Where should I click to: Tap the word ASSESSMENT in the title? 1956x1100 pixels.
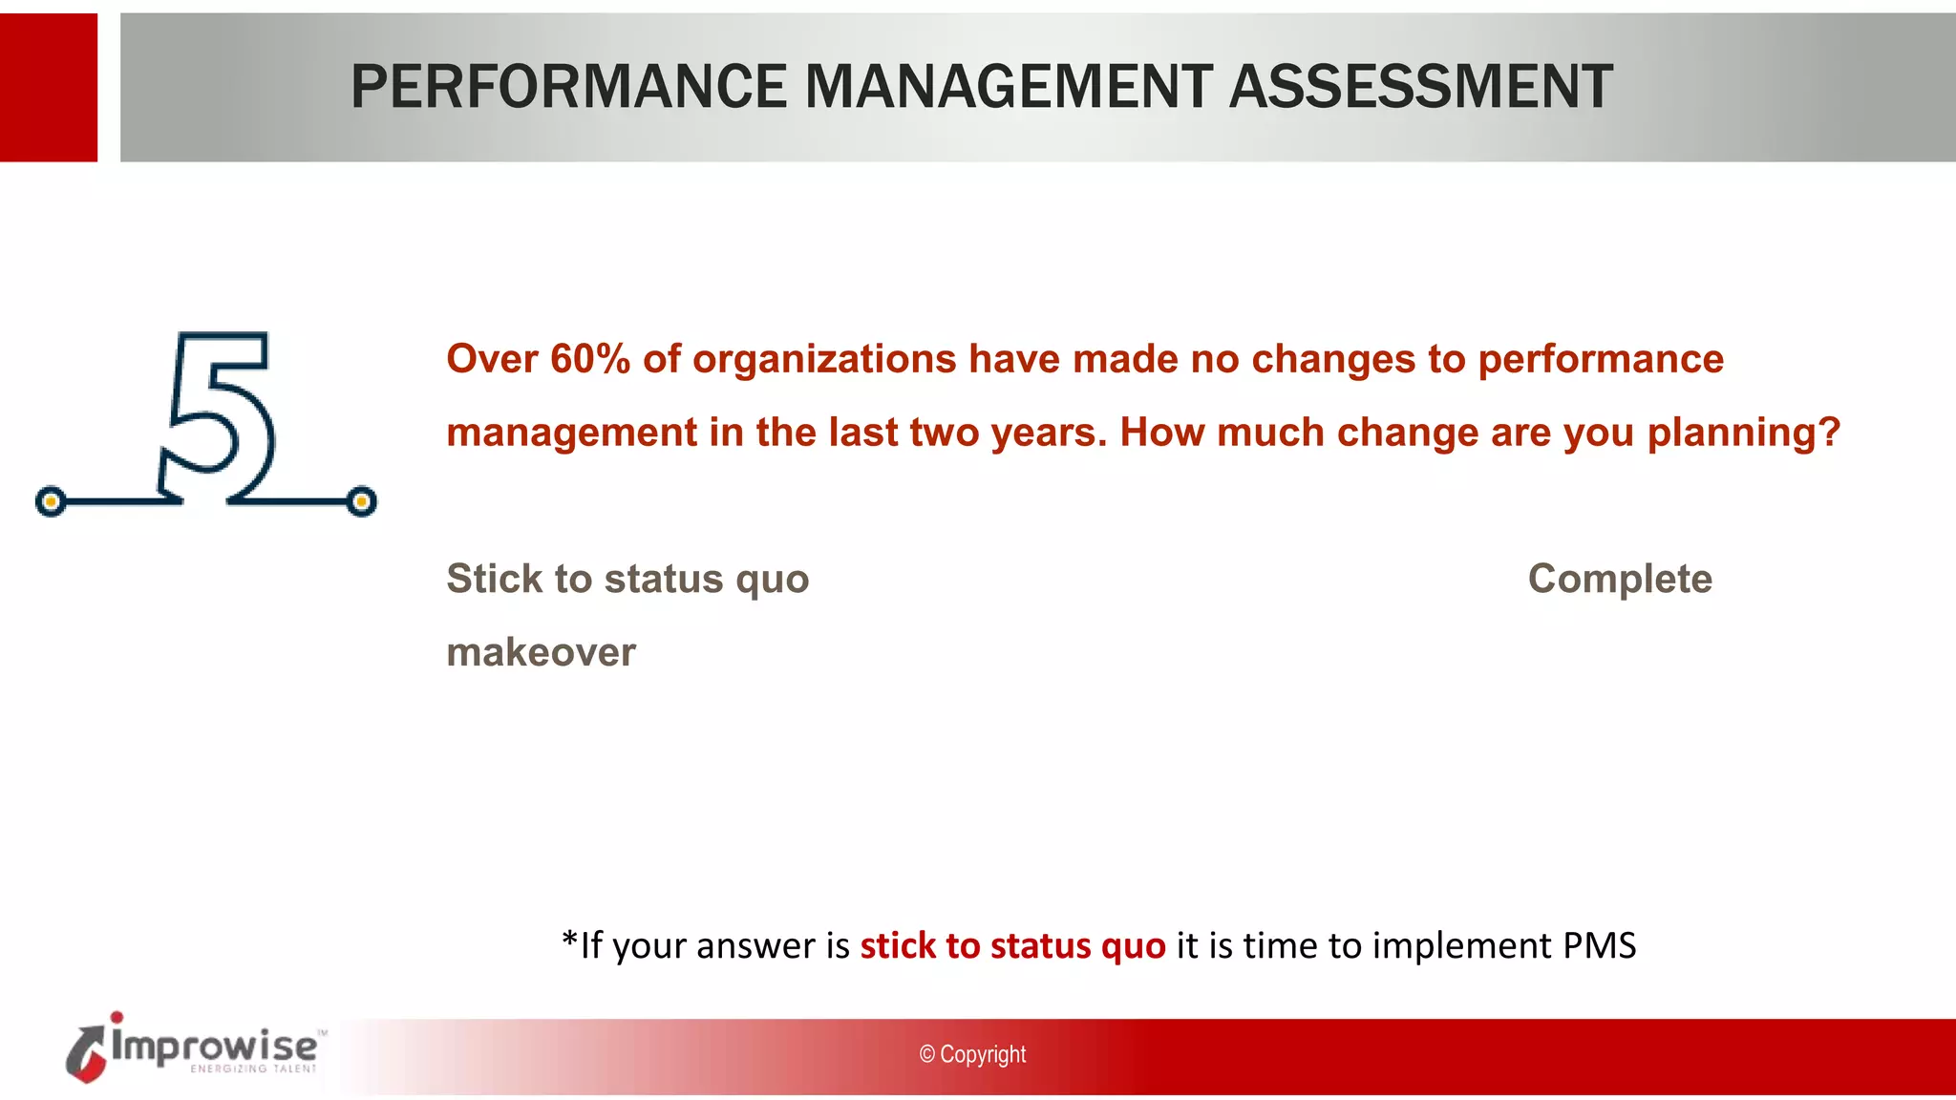point(1420,87)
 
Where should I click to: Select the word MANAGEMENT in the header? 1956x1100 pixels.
point(1008,87)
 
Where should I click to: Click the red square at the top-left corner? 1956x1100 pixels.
point(48,87)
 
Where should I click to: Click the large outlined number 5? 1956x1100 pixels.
point(219,415)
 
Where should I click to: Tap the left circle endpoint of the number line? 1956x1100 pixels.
point(51,501)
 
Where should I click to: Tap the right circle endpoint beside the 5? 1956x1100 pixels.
point(361,501)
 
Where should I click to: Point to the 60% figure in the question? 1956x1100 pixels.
point(590,359)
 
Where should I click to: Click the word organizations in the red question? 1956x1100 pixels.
point(823,359)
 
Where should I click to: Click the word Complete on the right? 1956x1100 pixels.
point(1620,579)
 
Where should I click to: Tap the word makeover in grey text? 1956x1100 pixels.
point(541,652)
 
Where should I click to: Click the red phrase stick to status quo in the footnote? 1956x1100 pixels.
point(1012,945)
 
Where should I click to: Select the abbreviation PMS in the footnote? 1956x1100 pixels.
point(1599,945)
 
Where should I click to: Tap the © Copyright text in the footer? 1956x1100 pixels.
point(972,1054)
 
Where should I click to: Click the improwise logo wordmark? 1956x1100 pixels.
point(215,1047)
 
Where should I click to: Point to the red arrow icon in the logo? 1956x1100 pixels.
point(86,1054)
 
